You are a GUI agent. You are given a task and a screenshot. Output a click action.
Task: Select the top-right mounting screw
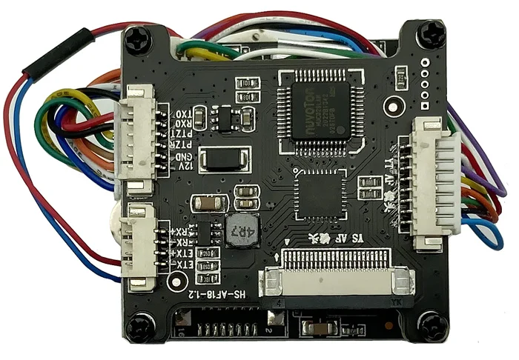pyautogui.click(x=431, y=35)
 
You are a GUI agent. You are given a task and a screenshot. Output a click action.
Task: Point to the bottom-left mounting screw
pyautogui.click(x=139, y=326)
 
